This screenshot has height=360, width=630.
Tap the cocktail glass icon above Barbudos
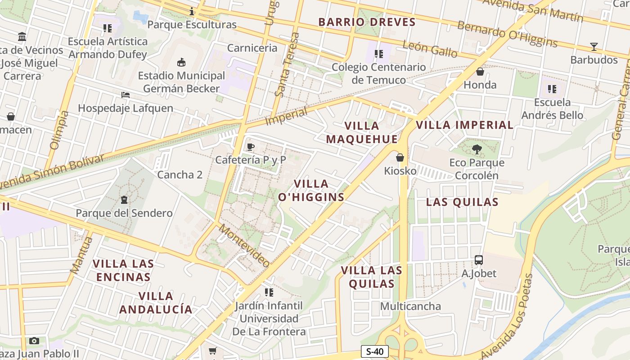click(x=594, y=47)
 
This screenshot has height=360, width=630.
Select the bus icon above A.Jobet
click(x=479, y=260)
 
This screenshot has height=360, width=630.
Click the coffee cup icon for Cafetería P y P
click(x=251, y=147)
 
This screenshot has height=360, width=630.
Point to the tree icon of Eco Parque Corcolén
click(x=477, y=149)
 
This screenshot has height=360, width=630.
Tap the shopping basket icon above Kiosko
click(x=400, y=157)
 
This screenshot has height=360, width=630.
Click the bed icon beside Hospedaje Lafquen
click(x=126, y=95)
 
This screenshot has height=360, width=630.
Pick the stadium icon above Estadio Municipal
click(x=181, y=62)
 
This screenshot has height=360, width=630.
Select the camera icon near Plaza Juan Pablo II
click(x=34, y=341)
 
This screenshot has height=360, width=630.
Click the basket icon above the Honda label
click(x=480, y=72)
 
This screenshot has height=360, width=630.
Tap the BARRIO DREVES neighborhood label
click(x=367, y=22)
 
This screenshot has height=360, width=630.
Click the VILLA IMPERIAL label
click(x=464, y=125)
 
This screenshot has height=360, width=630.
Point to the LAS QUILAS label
click(x=462, y=202)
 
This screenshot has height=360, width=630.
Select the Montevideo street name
click(x=244, y=245)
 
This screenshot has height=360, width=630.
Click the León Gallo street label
click(x=430, y=49)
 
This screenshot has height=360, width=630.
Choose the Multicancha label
click(x=410, y=306)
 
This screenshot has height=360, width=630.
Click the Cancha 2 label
click(x=180, y=175)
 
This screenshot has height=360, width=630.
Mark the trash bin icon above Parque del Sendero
click(x=124, y=200)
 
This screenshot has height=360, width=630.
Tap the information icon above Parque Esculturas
click(x=192, y=11)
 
